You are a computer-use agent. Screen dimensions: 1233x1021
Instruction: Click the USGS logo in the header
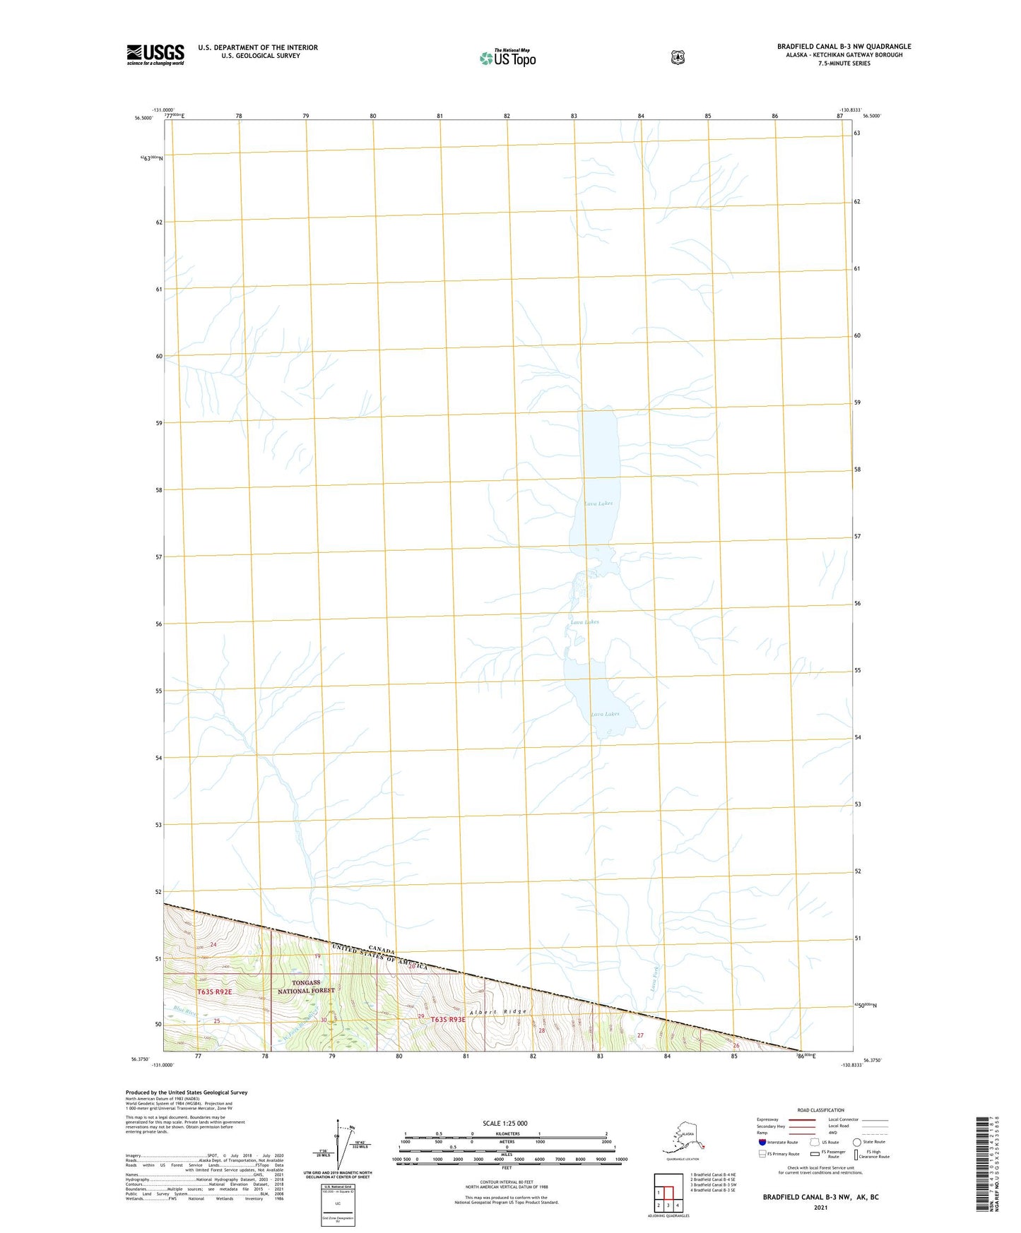tap(155, 54)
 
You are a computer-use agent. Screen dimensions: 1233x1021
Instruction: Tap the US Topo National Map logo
tap(507, 57)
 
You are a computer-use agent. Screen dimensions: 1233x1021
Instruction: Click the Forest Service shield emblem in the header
tap(678, 57)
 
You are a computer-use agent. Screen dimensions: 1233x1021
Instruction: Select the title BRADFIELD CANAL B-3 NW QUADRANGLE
tap(844, 47)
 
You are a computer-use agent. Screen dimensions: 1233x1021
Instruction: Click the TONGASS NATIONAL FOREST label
tap(307, 987)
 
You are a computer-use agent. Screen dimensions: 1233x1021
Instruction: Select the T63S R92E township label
tap(214, 992)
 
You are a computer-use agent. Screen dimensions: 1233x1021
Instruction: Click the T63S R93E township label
tap(448, 1020)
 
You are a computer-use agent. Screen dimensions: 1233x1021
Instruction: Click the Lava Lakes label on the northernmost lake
tap(598, 504)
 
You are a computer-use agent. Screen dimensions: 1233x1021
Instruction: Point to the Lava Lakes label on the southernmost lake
tap(605, 714)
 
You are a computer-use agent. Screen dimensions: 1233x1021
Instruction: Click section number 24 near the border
tap(213, 944)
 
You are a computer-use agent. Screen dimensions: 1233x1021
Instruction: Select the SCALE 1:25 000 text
tap(504, 1123)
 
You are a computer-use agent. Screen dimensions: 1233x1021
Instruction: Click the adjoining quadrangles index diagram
tap(668, 1193)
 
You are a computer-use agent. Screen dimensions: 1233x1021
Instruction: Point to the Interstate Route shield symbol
tap(762, 1142)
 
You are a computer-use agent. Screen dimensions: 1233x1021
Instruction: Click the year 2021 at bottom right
tap(820, 1208)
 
